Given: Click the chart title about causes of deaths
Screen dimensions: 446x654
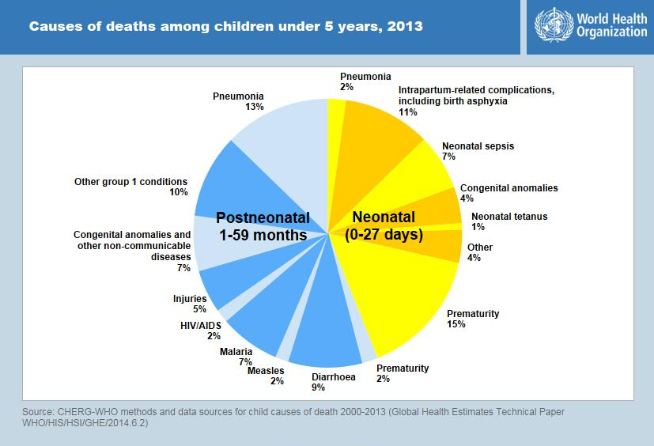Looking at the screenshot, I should tap(225, 27).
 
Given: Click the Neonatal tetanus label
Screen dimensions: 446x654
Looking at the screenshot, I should tap(508, 217).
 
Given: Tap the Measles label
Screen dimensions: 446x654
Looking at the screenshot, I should tap(266, 371).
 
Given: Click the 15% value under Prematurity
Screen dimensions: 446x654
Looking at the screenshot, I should tap(456, 324).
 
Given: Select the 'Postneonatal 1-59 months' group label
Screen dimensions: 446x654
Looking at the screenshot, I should tap(262, 226).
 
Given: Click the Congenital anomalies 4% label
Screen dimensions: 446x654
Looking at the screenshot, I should tap(508, 188).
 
